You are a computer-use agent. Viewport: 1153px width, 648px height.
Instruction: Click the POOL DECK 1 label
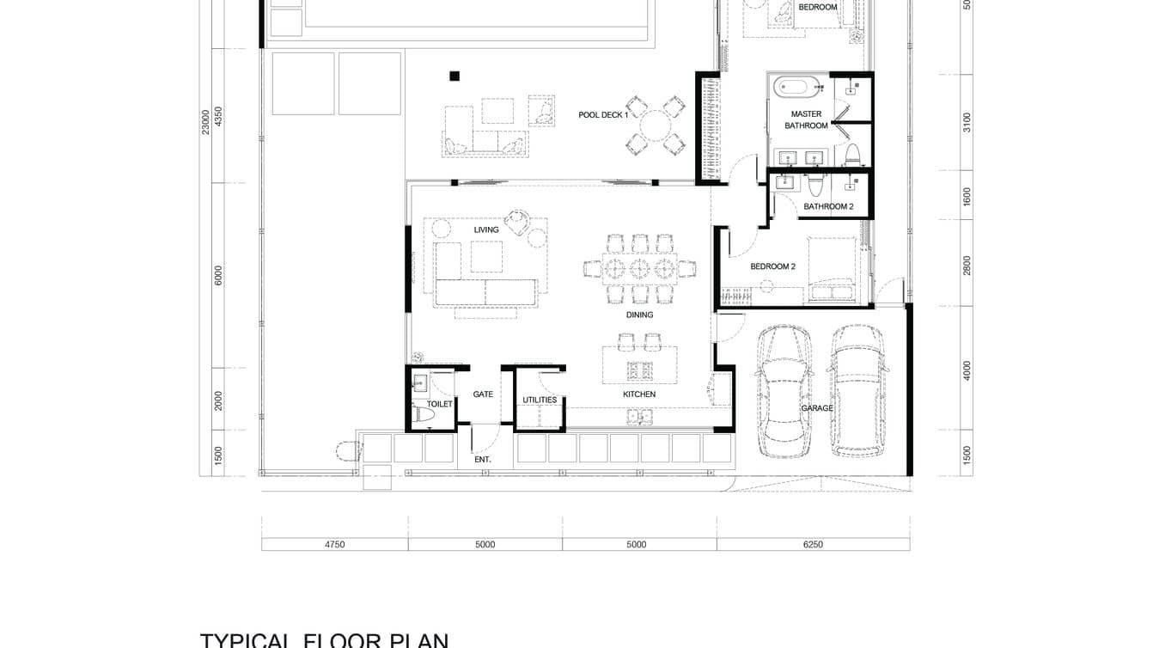coord(603,114)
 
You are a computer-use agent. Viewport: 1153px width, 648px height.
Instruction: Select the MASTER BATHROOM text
coord(806,119)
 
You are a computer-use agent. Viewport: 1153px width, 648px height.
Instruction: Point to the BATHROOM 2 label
coord(828,206)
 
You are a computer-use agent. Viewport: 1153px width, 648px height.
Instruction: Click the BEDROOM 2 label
coord(772,266)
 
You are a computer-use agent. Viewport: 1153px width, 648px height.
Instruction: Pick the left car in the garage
coord(784,391)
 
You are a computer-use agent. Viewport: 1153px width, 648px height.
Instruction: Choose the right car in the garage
coord(857,389)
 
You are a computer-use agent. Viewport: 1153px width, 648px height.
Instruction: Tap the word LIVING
coord(486,229)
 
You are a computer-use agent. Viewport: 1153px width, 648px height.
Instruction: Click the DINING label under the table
coord(639,315)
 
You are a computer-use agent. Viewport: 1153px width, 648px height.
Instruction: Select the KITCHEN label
coord(639,394)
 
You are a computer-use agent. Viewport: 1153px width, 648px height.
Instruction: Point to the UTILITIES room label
coord(540,400)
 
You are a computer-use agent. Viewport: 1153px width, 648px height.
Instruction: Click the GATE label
coord(483,394)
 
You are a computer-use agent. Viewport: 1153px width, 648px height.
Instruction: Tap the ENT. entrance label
coord(483,460)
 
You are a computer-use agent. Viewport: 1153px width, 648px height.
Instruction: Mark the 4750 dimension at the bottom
coord(334,544)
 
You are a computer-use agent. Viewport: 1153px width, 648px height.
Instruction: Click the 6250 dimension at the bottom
coord(812,544)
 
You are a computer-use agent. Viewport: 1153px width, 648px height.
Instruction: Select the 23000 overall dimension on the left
coord(205,121)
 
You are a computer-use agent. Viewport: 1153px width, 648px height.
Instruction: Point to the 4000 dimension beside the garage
coord(967,370)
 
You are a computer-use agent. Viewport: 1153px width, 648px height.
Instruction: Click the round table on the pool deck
coord(655,125)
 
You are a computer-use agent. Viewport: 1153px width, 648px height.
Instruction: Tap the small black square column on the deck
coord(454,76)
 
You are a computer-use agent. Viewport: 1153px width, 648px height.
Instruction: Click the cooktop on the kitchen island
coord(639,370)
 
